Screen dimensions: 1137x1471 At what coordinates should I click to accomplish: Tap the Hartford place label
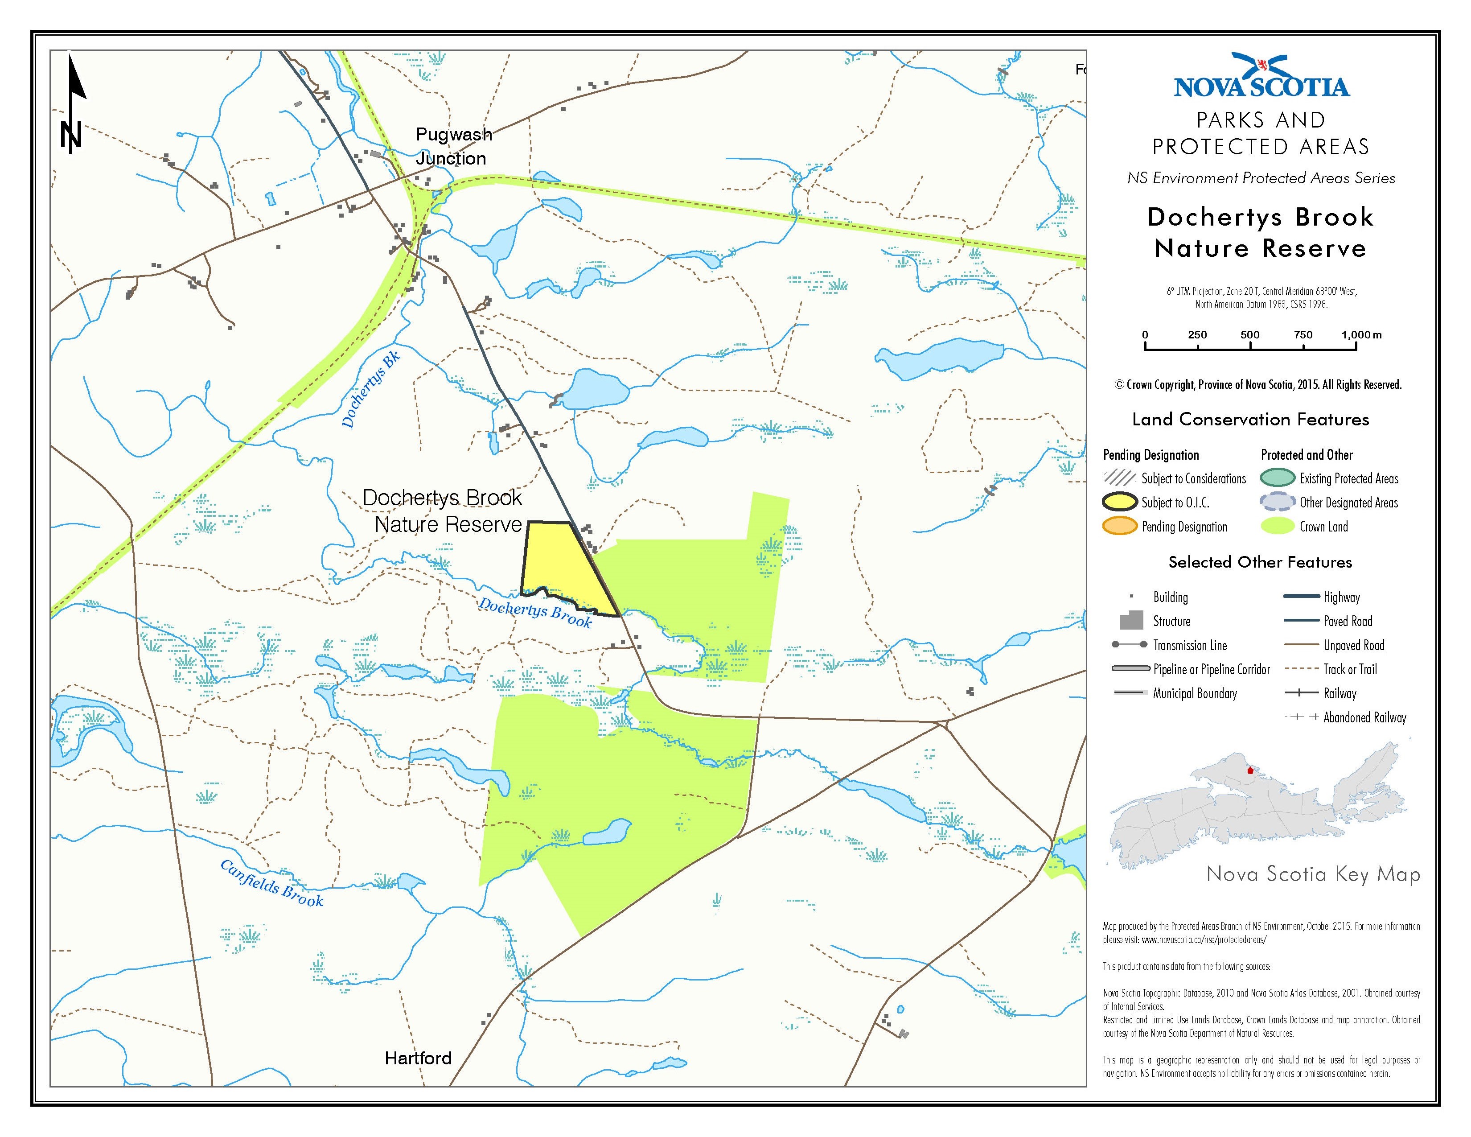[x=418, y=1058]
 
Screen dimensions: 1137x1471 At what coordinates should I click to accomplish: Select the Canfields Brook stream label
[x=271, y=883]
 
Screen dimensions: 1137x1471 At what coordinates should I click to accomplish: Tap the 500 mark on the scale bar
[x=1250, y=335]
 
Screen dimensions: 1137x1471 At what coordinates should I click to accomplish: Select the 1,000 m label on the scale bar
[x=1360, y=335]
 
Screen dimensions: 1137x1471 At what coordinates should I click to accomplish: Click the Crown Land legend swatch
[x=1277, y=527]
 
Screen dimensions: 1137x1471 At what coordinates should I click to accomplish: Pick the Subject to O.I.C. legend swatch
[x=1119, y=503]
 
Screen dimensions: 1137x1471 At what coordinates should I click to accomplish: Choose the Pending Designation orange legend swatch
[x=1119, y=527]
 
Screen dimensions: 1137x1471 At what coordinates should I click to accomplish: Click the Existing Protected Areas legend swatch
[x=1277, y=478]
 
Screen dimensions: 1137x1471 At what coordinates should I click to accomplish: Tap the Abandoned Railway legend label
[x=1364, y=718]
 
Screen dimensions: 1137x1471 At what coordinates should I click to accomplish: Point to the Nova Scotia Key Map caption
[x=1313, y=874]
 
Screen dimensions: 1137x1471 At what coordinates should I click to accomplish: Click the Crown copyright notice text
[x=1258, y=385]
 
